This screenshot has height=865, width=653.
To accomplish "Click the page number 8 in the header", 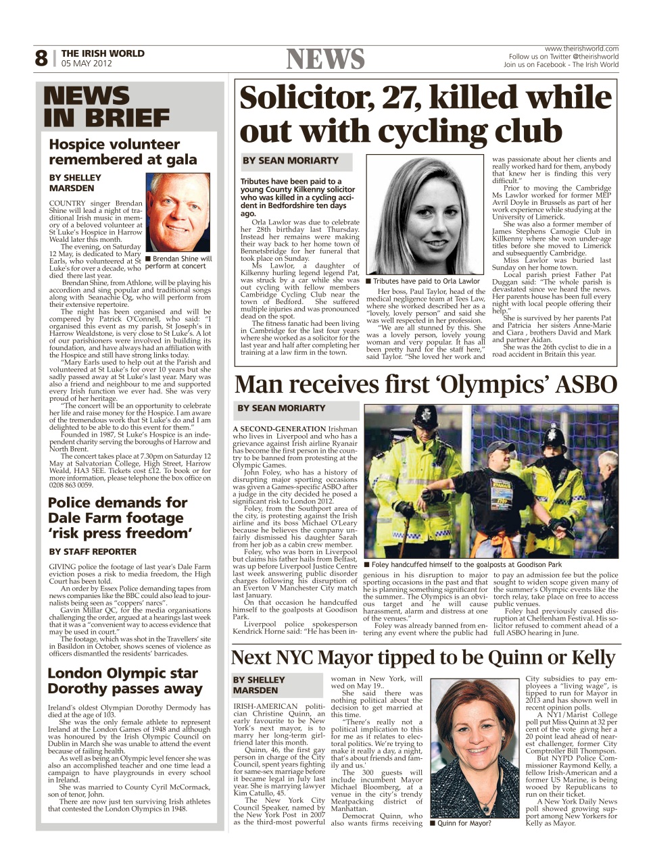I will pos(42,59).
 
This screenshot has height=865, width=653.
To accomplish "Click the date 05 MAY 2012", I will pos(87,64).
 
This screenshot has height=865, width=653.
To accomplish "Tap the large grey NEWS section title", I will pos(325,59).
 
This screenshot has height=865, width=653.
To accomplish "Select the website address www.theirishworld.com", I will pos(581,49).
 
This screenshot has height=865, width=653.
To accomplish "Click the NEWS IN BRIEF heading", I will pos(106,107).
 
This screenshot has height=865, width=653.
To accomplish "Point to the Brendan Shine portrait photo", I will pos(178,212).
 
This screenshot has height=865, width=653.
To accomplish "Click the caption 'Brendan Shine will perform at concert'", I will pos(178,262).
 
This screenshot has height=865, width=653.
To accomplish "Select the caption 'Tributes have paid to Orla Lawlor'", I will pos(422,281).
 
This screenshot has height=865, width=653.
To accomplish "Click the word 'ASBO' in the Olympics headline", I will pos(585,385).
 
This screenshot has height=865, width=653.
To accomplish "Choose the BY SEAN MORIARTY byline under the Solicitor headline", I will pos(291,161).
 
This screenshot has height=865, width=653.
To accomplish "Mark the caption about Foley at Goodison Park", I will pos(462,564).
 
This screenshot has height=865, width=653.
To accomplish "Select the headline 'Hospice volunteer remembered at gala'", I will pos(123,152).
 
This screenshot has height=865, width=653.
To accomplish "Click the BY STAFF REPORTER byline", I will pos(93,551).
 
